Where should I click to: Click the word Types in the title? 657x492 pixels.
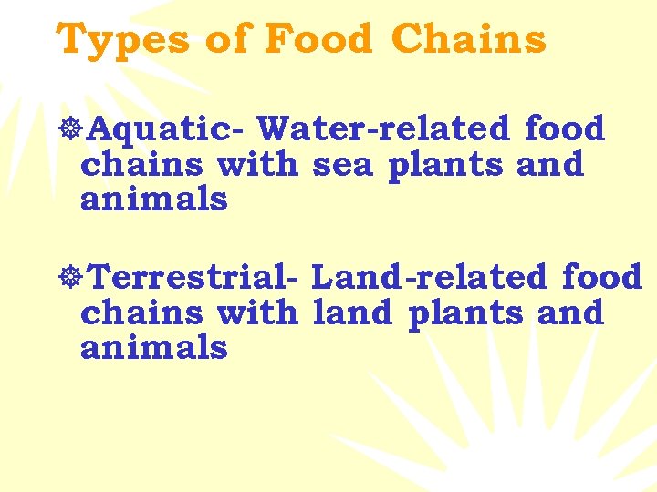121,40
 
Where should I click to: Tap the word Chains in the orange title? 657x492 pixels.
469,40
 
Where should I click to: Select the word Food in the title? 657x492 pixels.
318,40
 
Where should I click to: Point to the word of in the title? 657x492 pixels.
225,40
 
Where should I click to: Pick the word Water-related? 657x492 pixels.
384,129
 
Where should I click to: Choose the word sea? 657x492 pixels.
345,165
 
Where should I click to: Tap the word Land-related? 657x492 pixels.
430,277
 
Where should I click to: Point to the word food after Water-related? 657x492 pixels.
565,129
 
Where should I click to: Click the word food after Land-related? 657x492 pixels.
603,277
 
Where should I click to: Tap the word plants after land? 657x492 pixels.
466,313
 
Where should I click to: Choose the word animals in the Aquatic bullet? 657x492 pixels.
153,199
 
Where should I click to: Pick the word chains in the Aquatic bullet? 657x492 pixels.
142,165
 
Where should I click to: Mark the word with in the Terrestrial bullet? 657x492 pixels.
256,313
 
